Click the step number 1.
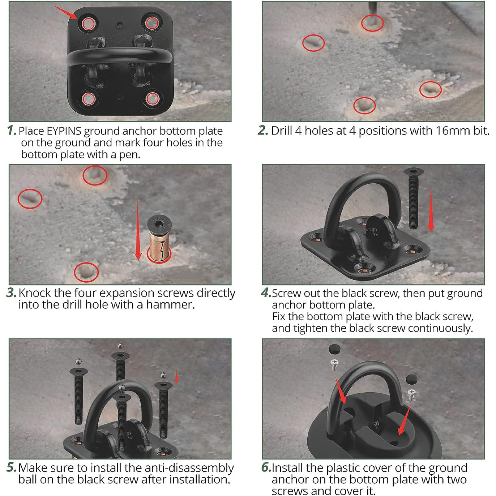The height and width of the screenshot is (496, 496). [11, 131]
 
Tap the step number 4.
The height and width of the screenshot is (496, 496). [266, 293]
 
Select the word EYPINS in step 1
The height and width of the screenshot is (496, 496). [64, 131]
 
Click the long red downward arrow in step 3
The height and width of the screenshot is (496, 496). [138, 231]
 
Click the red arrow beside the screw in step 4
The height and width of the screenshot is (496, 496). [431, 210]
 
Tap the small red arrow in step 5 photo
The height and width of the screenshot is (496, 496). [176, 376]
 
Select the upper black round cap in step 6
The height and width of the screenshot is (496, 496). [335, 349]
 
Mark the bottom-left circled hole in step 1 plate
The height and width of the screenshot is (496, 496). [89, 99]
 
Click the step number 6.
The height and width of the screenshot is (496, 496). [266, 467]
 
